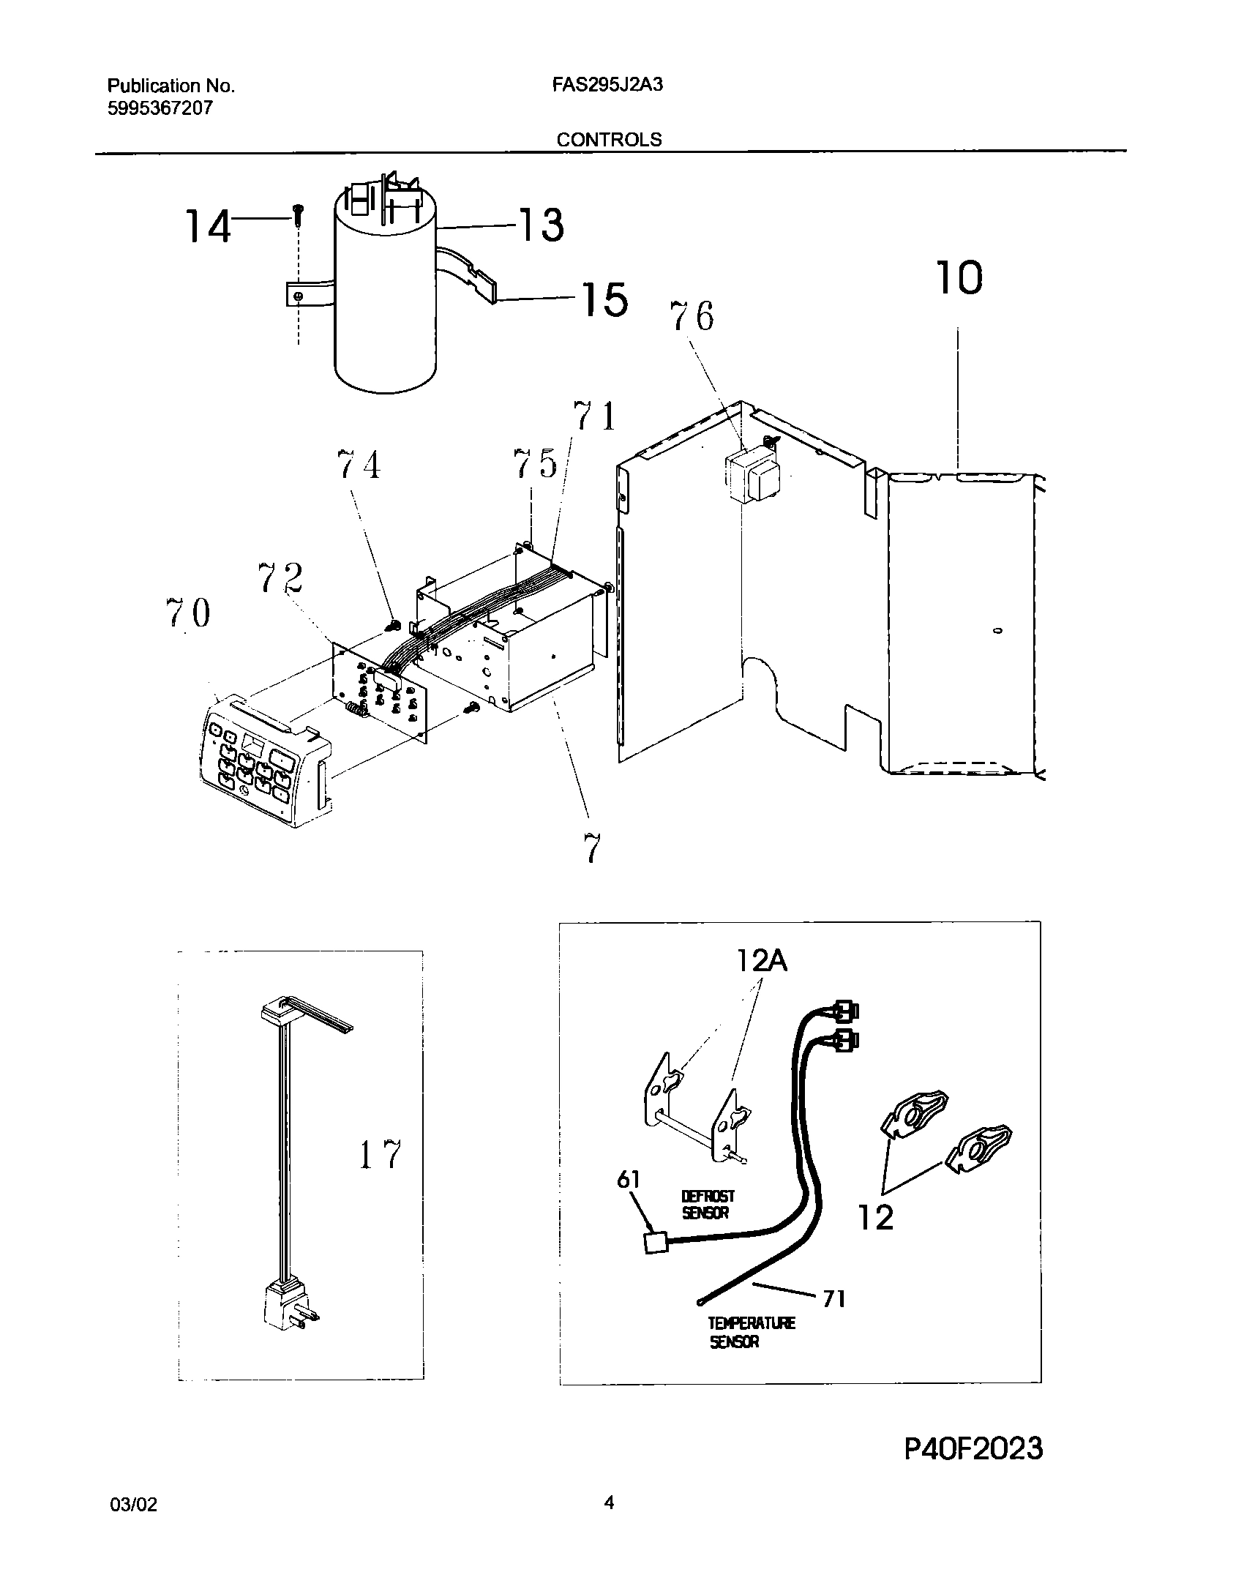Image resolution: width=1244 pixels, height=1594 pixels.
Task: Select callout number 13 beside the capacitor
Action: pos(541,224)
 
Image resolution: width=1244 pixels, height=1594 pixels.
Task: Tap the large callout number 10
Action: pos(958,279)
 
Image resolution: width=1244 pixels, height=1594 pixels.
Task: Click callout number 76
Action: pos(692,316)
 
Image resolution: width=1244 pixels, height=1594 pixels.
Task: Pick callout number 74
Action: pos(359,465)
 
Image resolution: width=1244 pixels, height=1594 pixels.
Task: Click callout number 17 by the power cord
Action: pos(380,1155)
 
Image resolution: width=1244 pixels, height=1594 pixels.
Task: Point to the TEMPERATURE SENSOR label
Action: pos(751,1332)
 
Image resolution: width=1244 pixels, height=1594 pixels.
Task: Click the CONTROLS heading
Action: pos(609,140)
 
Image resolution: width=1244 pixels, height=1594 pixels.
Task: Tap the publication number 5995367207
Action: pos(160,108)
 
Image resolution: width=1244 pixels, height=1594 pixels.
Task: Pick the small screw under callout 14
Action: pos(298,212)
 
